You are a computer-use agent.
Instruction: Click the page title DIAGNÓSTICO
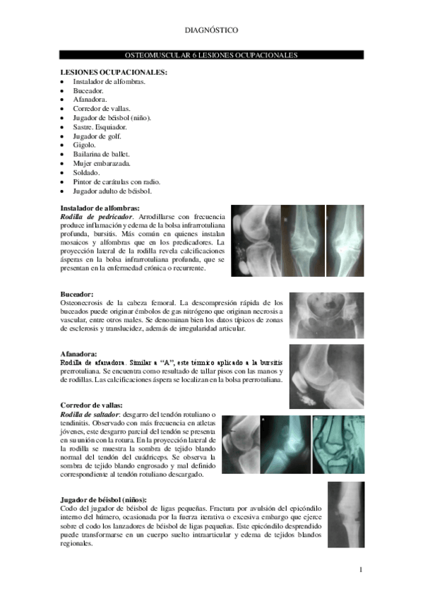point(211,30)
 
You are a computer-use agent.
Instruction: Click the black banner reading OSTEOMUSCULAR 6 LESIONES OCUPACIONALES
point(211,54)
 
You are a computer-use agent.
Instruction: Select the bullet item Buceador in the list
point(88,91)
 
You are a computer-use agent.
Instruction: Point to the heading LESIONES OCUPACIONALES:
point(114,72)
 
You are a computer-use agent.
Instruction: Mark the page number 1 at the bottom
point(360,569)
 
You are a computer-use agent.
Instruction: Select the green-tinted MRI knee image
point(338,444)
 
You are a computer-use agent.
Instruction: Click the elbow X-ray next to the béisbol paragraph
point(346,514)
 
